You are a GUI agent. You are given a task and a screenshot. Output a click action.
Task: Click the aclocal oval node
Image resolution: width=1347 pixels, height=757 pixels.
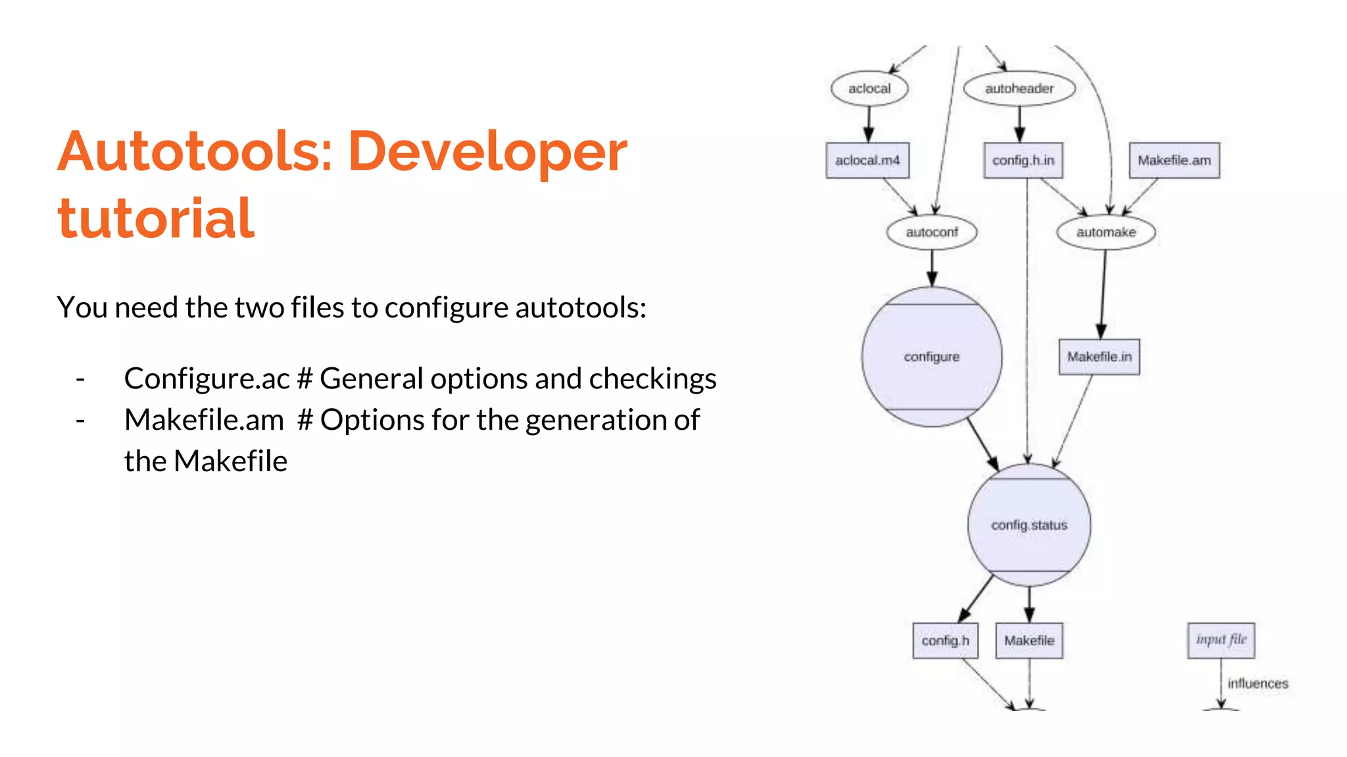(x=869, y=89)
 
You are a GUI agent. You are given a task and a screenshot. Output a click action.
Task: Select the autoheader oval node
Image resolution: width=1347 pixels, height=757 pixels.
(x=1019, y=89)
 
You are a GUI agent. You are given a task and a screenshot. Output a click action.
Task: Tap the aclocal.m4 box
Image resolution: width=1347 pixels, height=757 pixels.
(x=868, y=160)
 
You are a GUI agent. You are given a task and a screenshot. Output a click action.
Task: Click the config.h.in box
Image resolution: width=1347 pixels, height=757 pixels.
(x=1023, y=160)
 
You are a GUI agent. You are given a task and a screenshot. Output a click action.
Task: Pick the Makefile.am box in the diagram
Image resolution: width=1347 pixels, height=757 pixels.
(x=1174, y=160)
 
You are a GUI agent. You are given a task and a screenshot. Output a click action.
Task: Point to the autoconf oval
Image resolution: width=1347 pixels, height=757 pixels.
(x=931, y=232)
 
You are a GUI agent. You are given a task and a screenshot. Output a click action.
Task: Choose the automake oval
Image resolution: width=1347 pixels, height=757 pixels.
(x=1106, y=232)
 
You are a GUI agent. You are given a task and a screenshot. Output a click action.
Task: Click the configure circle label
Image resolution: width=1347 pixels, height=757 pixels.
(x=931, y=357)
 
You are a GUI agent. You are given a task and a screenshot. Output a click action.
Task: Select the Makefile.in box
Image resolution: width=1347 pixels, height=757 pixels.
(x=1099, y=357)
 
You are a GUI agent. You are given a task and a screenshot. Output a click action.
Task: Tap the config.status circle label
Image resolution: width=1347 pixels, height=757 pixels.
(x=1029, y=525)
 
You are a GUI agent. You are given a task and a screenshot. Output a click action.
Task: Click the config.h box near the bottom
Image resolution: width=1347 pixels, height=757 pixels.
(x=945, y=640)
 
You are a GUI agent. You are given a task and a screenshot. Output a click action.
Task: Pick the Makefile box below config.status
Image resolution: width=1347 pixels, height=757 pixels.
(x=1029, y=640)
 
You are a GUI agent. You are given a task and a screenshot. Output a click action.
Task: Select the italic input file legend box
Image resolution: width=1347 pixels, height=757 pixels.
(x=1221, y=640)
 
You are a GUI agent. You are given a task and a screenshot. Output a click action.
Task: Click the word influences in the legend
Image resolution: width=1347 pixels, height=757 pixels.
(x=1258, y=683)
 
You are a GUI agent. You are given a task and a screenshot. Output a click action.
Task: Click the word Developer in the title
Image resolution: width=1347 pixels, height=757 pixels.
(x=487, y=152)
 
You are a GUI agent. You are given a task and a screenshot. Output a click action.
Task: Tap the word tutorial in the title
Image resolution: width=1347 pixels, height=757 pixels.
(x=156, y=218)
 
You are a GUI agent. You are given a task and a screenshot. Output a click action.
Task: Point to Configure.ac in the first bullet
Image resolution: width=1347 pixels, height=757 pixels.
(x=207, y=379)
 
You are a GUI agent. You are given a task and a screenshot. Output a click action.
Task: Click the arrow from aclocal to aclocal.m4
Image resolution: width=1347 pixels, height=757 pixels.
(x=868, y=124)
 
